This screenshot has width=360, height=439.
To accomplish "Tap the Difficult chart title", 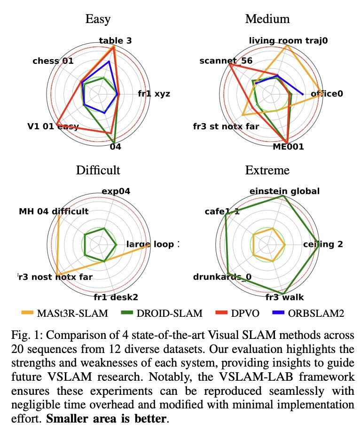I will [x=98, y=170].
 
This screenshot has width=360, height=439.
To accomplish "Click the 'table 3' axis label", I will [x=115, y=41].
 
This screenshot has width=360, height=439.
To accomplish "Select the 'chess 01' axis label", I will [x=53, y=61].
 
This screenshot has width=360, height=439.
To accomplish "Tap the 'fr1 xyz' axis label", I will [x=154, y=94].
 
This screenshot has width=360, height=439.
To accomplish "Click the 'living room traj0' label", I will [x=288, y=41].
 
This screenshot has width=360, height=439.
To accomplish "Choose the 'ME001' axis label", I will [x=289, y=147].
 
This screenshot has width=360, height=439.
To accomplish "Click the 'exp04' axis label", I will [x=116, y=191].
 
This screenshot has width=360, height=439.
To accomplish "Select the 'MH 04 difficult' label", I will [x=54, y=212].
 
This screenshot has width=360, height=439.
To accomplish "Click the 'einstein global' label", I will [x=285, y=191].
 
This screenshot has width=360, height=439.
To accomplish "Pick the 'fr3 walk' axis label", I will [x=284, y=297].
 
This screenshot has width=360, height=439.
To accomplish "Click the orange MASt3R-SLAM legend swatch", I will [x=31, y=312].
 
